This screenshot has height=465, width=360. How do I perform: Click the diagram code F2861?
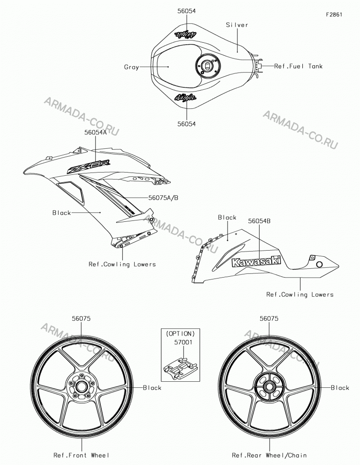pyautogui.click(x=334, y=14)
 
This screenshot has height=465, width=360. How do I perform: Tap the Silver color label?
pyautogui.click(x=237, y=25)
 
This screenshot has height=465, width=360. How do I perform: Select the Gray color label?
pyautogui.click(x=131, y=67)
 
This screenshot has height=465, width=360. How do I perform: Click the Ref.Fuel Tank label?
pyautogui.click(x=298, y=66)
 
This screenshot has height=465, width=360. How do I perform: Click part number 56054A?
pyautogui.click(x=95, y=133)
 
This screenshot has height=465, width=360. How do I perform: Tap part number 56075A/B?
pyautogui.click(x=163, y=198)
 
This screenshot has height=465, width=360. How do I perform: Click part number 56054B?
pyautogui.click(x=259, y=221)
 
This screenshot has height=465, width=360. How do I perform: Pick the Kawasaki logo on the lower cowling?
pyautogui.click(x=256, y=261)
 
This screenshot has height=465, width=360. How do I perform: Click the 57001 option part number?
pyautogui.click(x=183, y=342)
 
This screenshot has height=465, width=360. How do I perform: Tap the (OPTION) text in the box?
pyautogui.click(x=180, y=333)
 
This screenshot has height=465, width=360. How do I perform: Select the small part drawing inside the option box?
pyautogui.click(x=181, y=367)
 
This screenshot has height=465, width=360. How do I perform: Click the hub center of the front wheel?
pyautogui.click(x=81, y=387)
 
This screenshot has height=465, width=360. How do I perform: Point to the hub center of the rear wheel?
pyautogui.click(x=269, y=387)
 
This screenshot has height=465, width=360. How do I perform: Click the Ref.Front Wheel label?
pyautogui.click(x=81, y=455)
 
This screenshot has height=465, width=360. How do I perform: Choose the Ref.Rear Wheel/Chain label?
pyautogui.click(x=269, y=455)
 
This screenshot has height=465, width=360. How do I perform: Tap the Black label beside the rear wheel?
pyautogui.click(x=340, y=388)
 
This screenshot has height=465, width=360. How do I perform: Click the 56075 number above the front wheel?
pyautogui.click(x=81, y=319)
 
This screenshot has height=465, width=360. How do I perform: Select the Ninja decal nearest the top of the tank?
pyautogui.click(x=186, y=34)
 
